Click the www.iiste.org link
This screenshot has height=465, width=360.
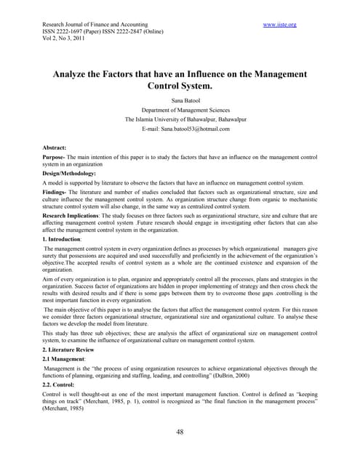pyautogui.click(x=279, y=24)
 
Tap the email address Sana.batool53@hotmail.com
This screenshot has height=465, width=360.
pyautogui.click(x=180, y=129)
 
